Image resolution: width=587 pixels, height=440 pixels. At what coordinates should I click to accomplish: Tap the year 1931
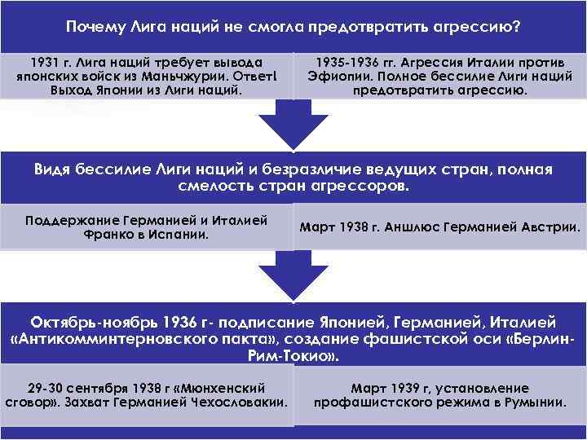tap(43, 61)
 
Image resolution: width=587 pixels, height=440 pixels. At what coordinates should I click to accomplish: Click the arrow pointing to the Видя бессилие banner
tap(293, 126)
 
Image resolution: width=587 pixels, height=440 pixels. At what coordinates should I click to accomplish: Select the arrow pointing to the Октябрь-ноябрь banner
tap(293, 277)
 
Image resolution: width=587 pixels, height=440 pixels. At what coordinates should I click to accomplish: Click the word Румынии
tap(535, 403)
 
